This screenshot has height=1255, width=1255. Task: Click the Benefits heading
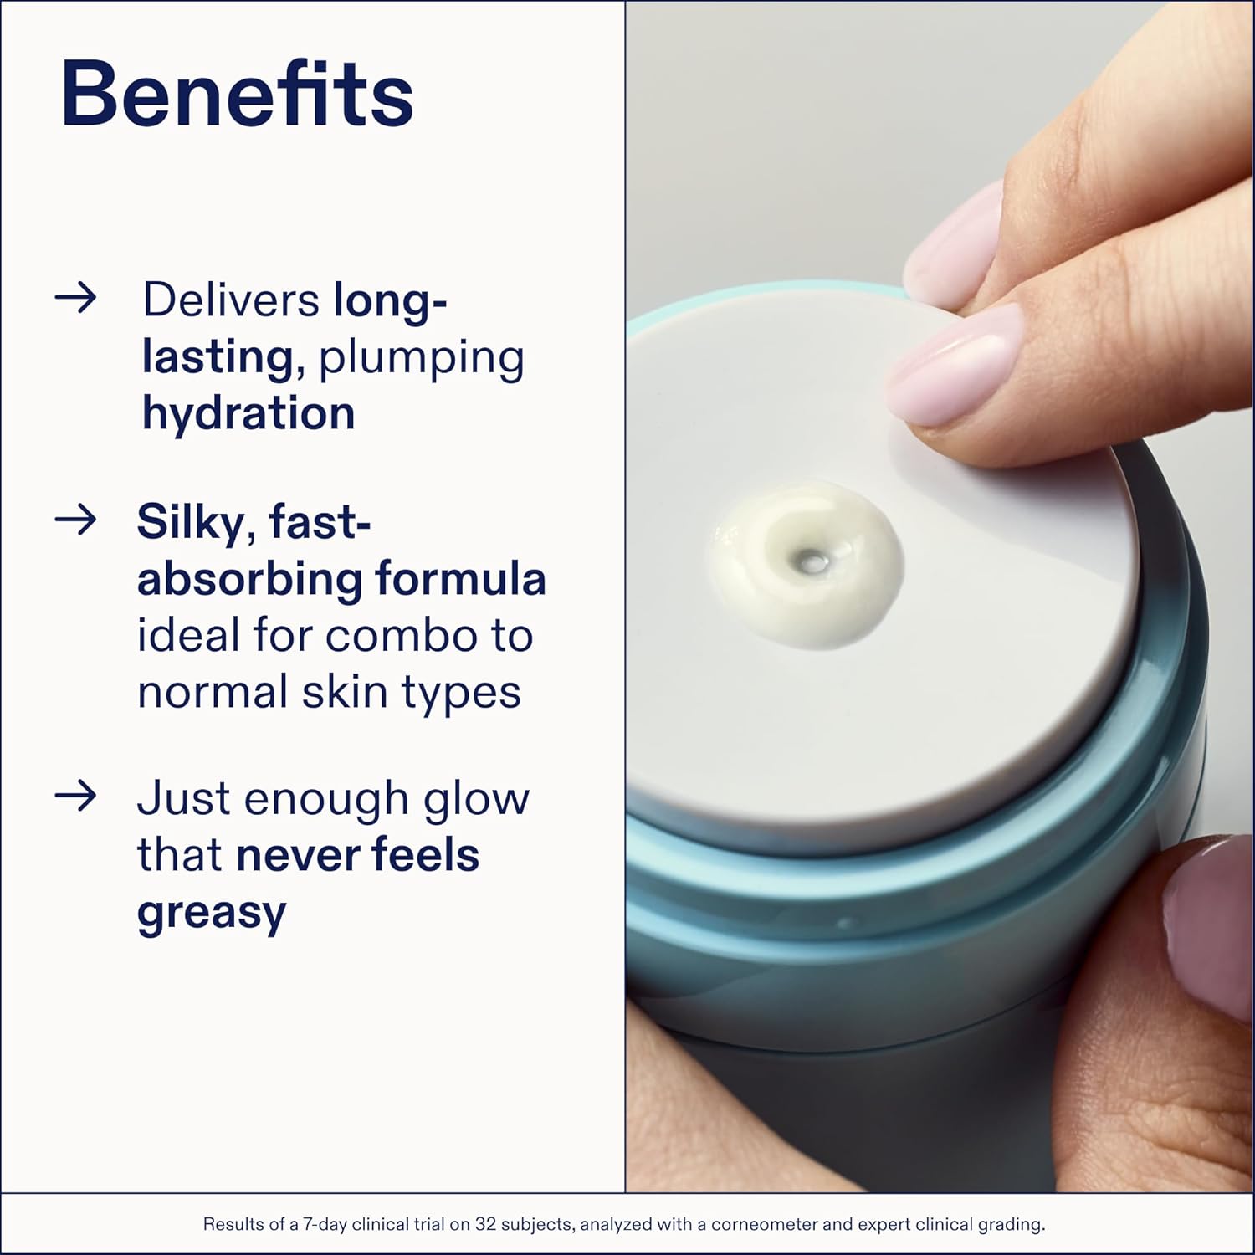[x=237, y=94]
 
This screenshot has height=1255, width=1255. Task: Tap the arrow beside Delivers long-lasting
[x=76, y=298]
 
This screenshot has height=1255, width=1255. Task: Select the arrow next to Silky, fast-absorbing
[x=76, y=520]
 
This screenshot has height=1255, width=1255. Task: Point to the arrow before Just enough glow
[x=76, y=796]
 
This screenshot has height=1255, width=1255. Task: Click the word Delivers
[x=231, y=300]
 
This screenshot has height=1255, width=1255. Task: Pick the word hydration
[x=248, y=413]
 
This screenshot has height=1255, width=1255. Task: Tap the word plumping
[x=422, y=358]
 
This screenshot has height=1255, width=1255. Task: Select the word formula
[x=460, y=579]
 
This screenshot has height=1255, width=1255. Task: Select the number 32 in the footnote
[x=486, y=1225]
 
